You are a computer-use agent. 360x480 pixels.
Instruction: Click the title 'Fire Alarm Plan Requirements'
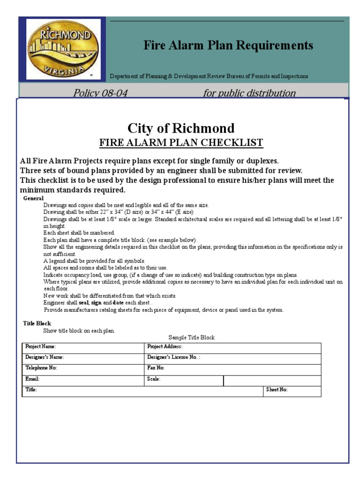coord(228,45)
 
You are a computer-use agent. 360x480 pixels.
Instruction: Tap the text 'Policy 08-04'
coord(100,93)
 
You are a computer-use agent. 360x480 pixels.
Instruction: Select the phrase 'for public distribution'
coord(249,93)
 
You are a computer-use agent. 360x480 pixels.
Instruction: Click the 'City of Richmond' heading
coord(181,128)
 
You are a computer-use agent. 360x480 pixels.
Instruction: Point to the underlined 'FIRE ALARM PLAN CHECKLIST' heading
coord(181,142)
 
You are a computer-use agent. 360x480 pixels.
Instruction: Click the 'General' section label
coord(33,198)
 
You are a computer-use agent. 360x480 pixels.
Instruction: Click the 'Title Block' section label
coord(37,323)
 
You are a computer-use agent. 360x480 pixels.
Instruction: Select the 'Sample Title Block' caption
coord(191,337)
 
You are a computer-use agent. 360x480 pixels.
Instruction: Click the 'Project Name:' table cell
coord(41,347)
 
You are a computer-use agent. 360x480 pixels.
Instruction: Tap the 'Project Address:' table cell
coord(165,347)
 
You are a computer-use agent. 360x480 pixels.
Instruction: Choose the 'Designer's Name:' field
coord(45,357)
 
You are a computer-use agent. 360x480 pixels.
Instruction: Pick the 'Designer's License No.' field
coord(173,357)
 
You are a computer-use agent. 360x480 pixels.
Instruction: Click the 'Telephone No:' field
coord(41,368)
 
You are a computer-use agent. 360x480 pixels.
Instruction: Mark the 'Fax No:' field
coord(156,368)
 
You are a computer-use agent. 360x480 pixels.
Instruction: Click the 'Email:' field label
coord(32,379)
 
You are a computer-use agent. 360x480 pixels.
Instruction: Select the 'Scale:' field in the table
coord(154,379)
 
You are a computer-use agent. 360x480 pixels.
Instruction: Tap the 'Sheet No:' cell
coord(277,390)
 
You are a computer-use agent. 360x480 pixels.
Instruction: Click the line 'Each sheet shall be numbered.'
coord(79,232)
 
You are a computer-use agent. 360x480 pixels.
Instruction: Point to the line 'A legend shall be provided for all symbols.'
coord(94,261)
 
